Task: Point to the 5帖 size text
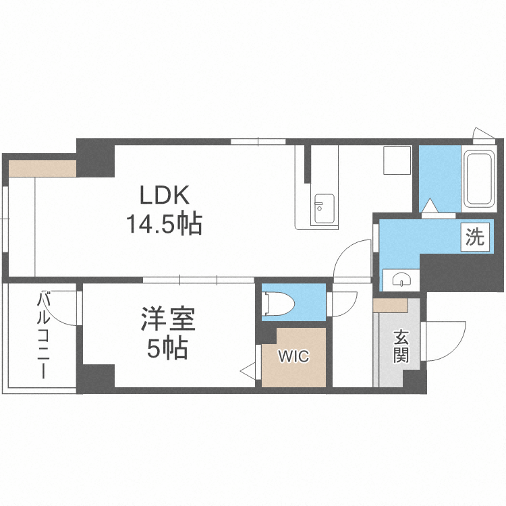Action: (x=167, y=348)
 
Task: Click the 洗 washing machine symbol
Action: (x=475, y=237)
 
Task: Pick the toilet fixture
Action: (x=277, y=303)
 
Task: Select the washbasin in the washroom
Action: (x=401, y=279)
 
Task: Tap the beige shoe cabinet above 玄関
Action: (x=391, y=306)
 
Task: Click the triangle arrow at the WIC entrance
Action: (x=248, y=370)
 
